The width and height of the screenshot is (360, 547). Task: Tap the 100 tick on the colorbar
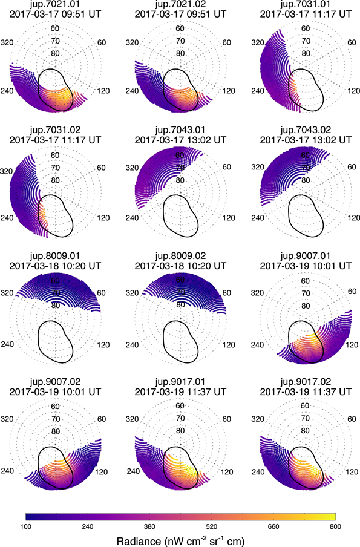click(x=26, y=526)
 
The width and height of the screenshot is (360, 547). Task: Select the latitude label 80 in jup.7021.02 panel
click(x=180, y=53)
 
